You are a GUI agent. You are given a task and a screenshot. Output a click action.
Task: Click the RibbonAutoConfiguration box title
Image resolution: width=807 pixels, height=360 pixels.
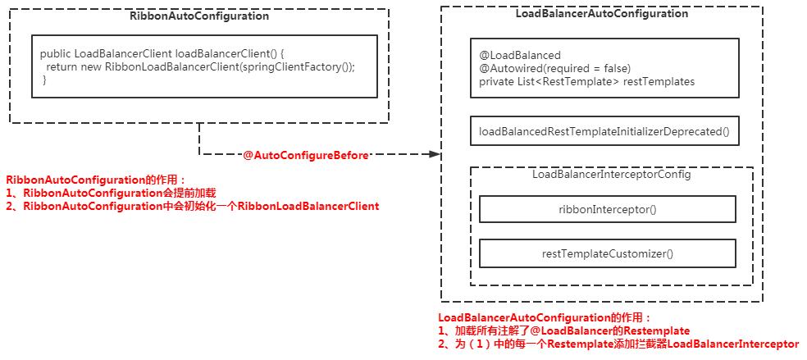click(x=199, y=16)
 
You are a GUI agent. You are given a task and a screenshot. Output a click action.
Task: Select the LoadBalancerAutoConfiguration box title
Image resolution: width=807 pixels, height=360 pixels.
click(x=601, y=14)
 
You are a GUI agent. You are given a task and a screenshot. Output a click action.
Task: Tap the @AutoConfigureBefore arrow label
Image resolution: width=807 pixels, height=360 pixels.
click(x=306, y=154)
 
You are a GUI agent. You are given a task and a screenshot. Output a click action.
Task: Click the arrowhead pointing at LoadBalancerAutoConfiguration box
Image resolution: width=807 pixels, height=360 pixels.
click(x=435, y=154)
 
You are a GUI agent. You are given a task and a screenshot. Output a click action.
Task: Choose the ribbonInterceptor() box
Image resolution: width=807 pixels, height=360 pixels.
click(x=607, y=209)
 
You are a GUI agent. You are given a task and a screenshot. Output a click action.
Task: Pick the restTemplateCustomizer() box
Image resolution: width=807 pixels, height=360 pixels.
click(x=607, y=253)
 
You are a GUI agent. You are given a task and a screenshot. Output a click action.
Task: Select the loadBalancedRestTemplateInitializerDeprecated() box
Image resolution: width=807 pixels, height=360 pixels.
click(x=604, y=131)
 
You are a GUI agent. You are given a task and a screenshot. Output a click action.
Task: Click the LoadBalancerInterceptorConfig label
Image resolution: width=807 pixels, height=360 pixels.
click(x=611, y=175)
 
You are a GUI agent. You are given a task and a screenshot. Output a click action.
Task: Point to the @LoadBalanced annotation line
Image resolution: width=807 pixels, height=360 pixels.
click(x=508, y=56)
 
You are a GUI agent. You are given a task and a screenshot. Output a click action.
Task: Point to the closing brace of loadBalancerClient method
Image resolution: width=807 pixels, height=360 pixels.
click(x=44, y=80)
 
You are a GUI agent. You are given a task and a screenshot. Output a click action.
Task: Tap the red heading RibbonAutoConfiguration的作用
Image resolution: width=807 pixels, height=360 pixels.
click(x=97, y=180)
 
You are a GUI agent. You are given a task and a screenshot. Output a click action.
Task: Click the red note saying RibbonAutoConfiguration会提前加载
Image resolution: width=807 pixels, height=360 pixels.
click(x=115, y=193)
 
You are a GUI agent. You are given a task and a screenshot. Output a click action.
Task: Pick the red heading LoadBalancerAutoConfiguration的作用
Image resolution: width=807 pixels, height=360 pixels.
click(x=545, y=317)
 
